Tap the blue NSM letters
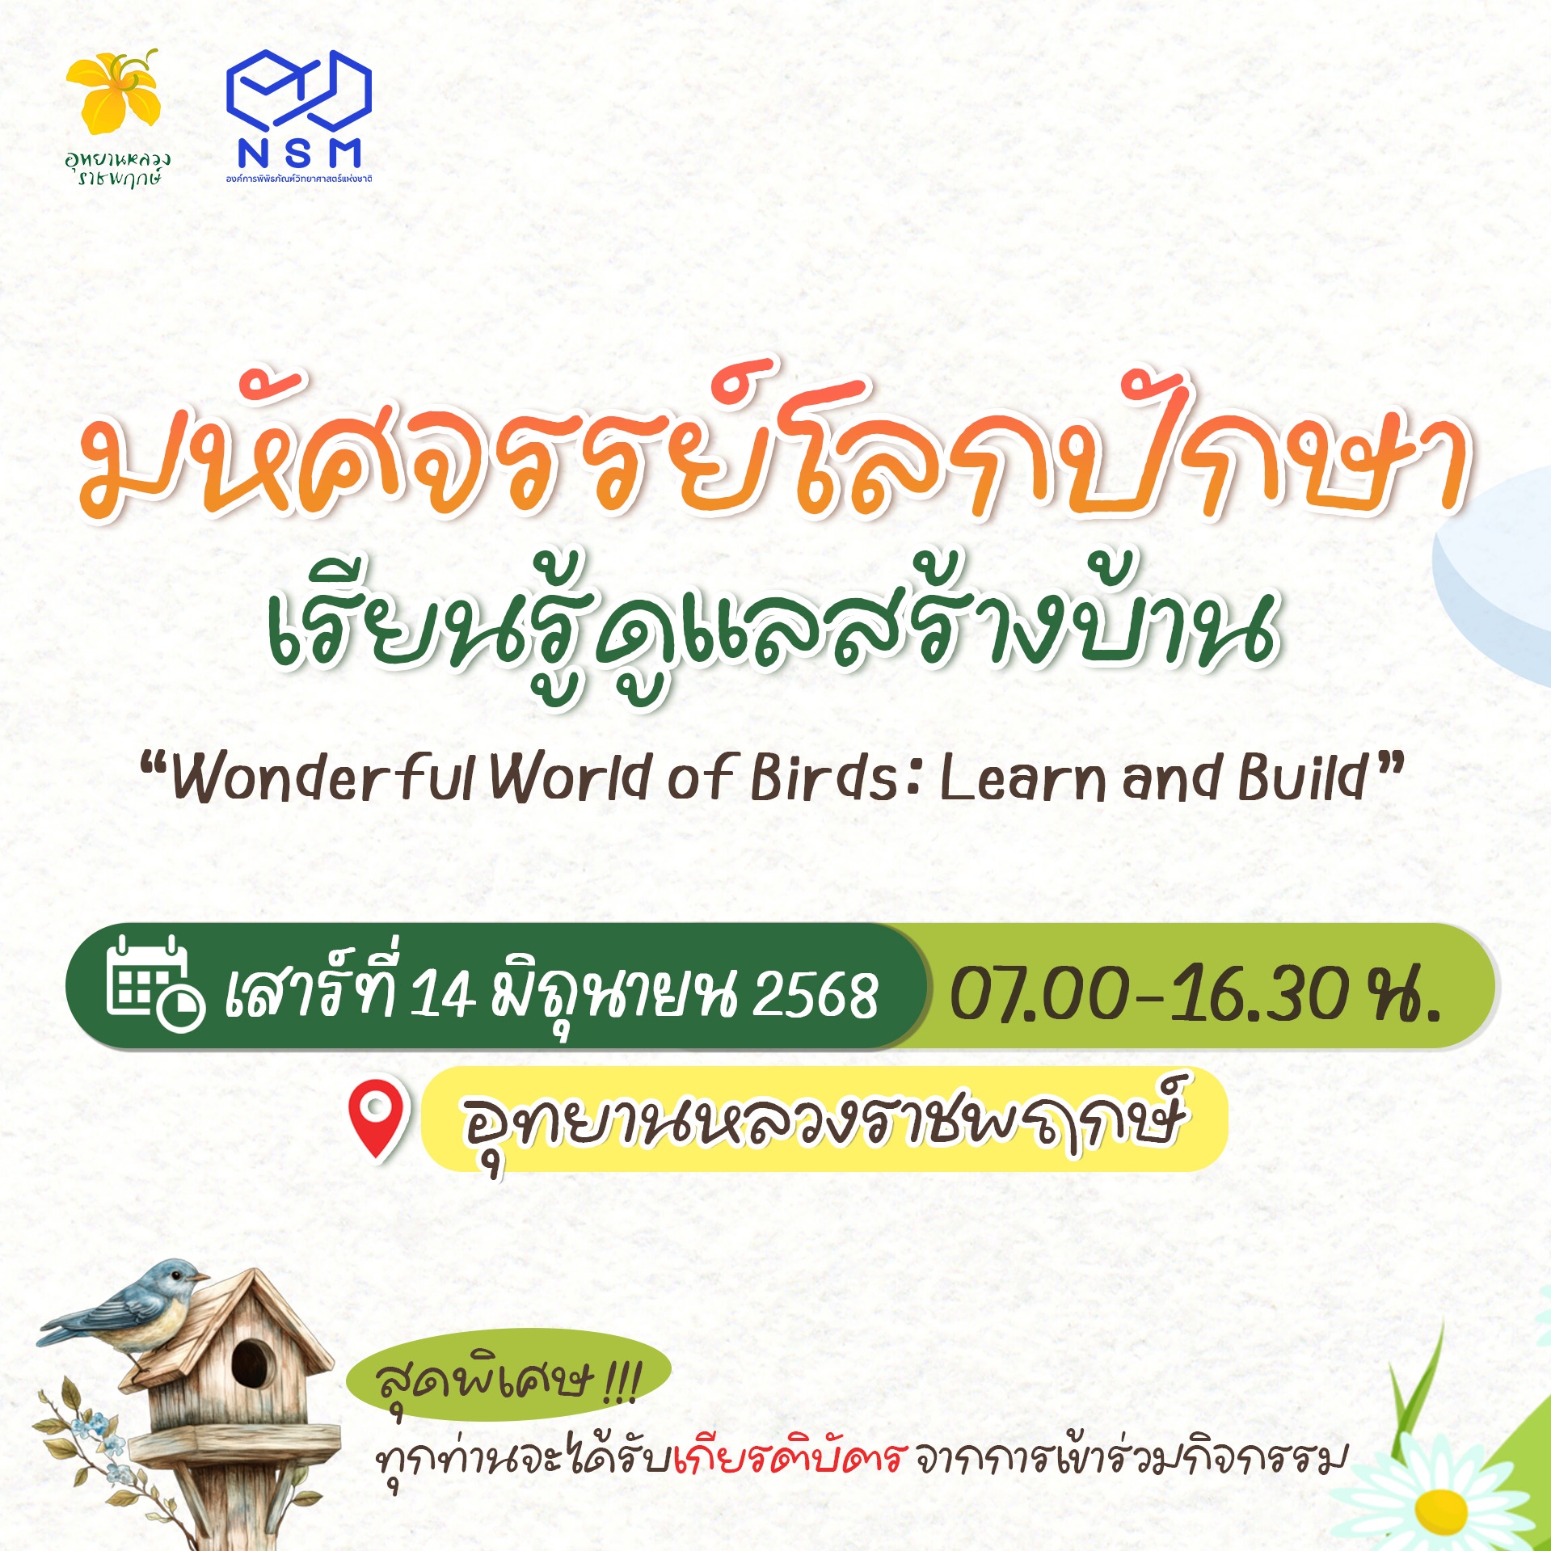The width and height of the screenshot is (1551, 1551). pyautogui.click(x=299, y=153)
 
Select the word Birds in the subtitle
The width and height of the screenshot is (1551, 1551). pyautogui.click(x=824, y=779)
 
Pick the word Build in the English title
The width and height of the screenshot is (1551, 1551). pyautogui.click(x=1301, y=778)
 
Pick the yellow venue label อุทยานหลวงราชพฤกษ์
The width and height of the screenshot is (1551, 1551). pyautogui.click(x=823, y=1119)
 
